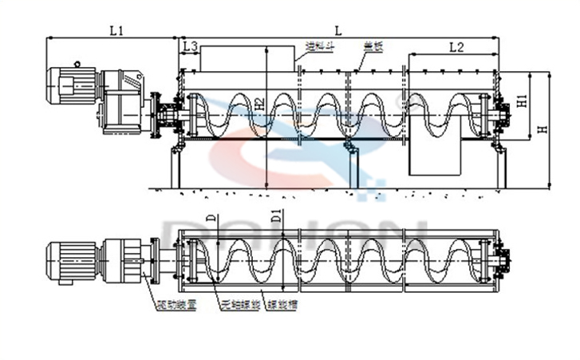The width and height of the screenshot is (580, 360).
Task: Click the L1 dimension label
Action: (116, 30)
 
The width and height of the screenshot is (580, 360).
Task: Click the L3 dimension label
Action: (190, 48)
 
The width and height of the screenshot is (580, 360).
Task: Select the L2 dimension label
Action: (456, 47)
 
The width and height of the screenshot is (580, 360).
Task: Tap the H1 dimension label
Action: (522, 101)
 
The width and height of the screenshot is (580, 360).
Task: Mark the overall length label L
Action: (338, 30)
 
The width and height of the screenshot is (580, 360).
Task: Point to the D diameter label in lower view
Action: (211, 216)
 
